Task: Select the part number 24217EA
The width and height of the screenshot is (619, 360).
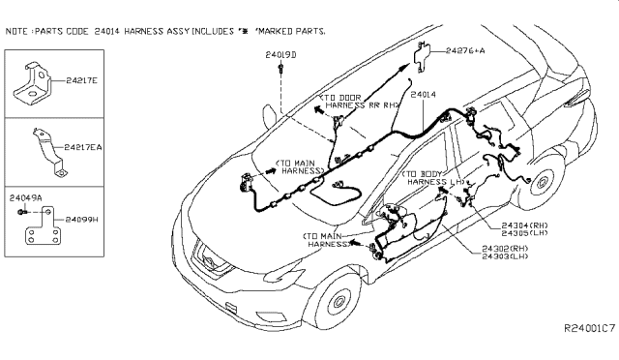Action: (x=88, y=146)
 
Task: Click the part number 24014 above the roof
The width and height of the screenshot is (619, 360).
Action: (x=424, y=95)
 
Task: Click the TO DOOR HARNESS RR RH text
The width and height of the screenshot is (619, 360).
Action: (x=360, y=104)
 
